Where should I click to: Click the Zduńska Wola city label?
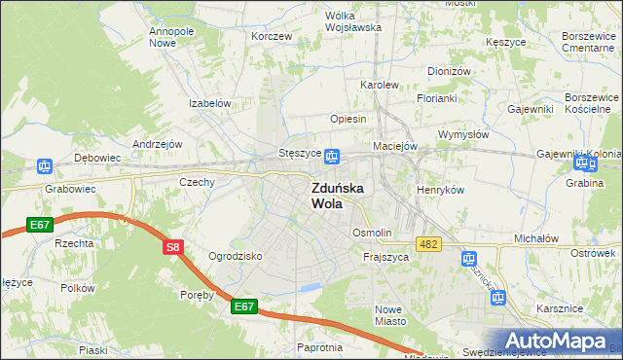(338, 196)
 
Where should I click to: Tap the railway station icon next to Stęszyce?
(332, 156)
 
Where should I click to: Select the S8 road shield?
(172, 248)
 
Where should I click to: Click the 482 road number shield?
(428, 243)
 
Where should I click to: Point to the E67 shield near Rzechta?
(40, 226)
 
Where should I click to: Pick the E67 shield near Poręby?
(245, 306)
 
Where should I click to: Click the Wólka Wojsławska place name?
(352, 21)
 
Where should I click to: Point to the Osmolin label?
(372, 234)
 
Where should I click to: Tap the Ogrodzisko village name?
(236, 256)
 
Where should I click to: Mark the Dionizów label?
(449, 71)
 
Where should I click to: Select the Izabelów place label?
(209, 103)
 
